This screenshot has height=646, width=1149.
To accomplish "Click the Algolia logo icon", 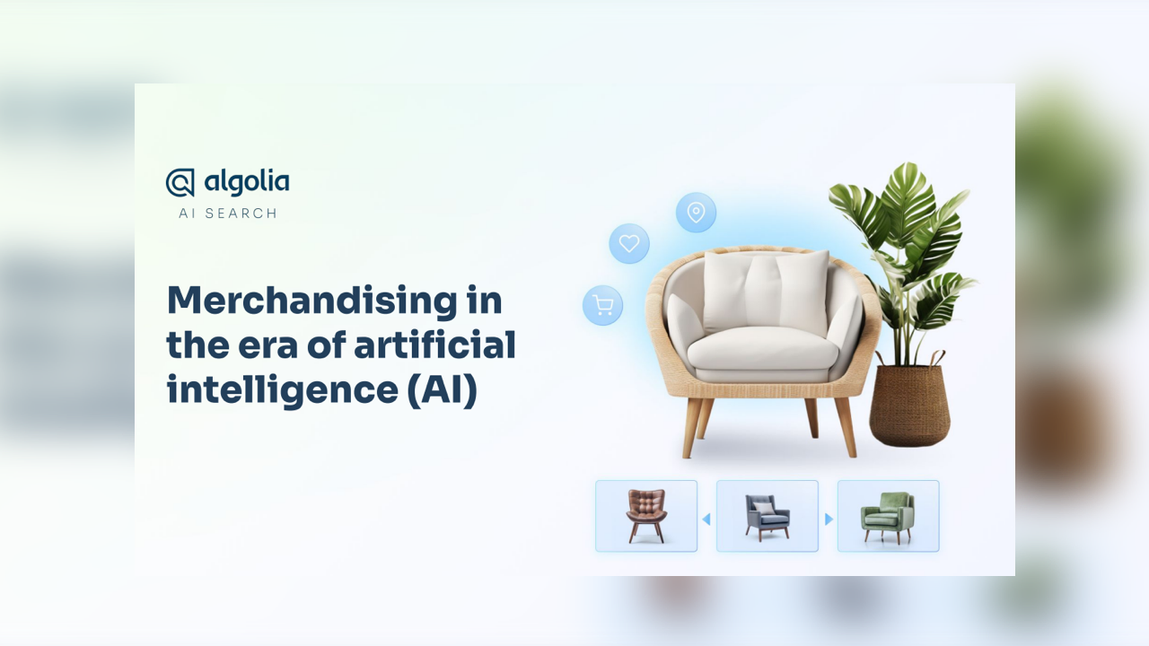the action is tap(180, 182).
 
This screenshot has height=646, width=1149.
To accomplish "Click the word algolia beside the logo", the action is tap(247, 182).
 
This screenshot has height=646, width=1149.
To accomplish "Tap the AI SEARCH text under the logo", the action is tap(228, 214).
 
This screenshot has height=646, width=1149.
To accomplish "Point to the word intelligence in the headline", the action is tap(283, 391).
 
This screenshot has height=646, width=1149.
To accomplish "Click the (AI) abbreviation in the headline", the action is tap(443, 391).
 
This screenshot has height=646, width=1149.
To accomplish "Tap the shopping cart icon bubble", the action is tap(602, 306).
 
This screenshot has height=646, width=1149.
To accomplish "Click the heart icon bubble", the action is tap(629, 243).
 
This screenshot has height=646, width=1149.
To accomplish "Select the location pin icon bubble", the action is tap(696, 213).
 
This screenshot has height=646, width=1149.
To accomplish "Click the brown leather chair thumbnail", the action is tap(646, 516).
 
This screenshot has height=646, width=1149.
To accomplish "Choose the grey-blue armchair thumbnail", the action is tap(767, 516).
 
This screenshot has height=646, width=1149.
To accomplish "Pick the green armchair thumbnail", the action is tap(889, 516).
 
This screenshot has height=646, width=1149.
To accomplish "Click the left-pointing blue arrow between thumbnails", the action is tap(706, 519).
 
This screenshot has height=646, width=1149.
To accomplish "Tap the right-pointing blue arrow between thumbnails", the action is tap(829, 519).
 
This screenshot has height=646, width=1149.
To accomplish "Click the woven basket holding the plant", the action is tap(909, 403).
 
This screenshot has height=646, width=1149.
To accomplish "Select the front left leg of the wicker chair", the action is tap(692, 427).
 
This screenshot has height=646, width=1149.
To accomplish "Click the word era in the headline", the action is tap(268, 346).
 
